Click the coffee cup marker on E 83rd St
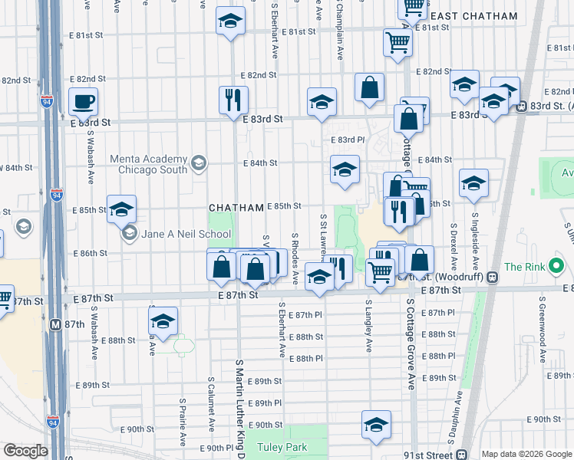pos(83,101)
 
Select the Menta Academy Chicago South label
pos(148,163)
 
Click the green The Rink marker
pos(558,268)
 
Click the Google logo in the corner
pos(25,451)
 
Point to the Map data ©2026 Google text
pos(526,454)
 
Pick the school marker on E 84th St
pos(345,169)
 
